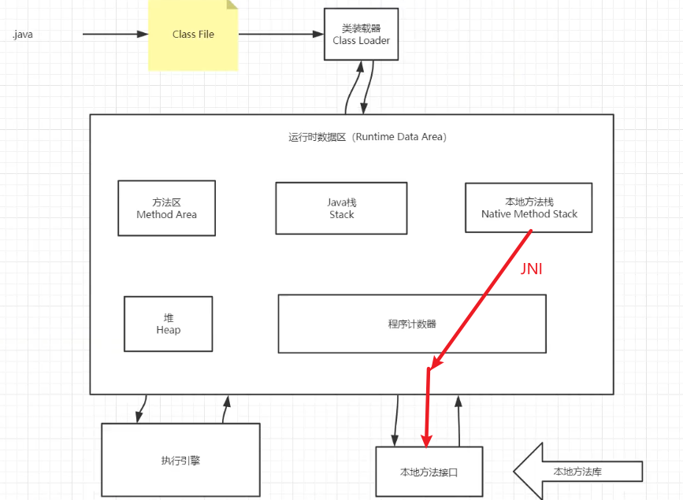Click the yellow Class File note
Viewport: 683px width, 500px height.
point(193,35)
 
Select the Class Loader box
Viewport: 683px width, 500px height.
point(361,34)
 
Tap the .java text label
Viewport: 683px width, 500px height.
point(22,35)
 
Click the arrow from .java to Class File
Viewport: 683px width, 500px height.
point(115,35)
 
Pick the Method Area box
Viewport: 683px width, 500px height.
point(166,208)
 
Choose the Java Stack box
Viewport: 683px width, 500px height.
point(341,208)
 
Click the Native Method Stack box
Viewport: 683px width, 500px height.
point(529,208)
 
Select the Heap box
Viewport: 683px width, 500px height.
point(168,324)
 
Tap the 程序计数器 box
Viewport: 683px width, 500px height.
point(412,324)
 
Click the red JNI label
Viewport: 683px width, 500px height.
point(532,269)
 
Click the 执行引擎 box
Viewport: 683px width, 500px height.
point(180,460)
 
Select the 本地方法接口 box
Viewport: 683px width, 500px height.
point(429,472)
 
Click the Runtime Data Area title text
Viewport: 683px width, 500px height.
point(368,137)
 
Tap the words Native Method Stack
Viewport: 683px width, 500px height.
point(529,214)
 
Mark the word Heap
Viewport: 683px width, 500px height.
point(169,330)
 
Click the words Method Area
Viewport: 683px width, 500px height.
point(166,214)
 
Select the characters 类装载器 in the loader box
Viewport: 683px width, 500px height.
point(361,28)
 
